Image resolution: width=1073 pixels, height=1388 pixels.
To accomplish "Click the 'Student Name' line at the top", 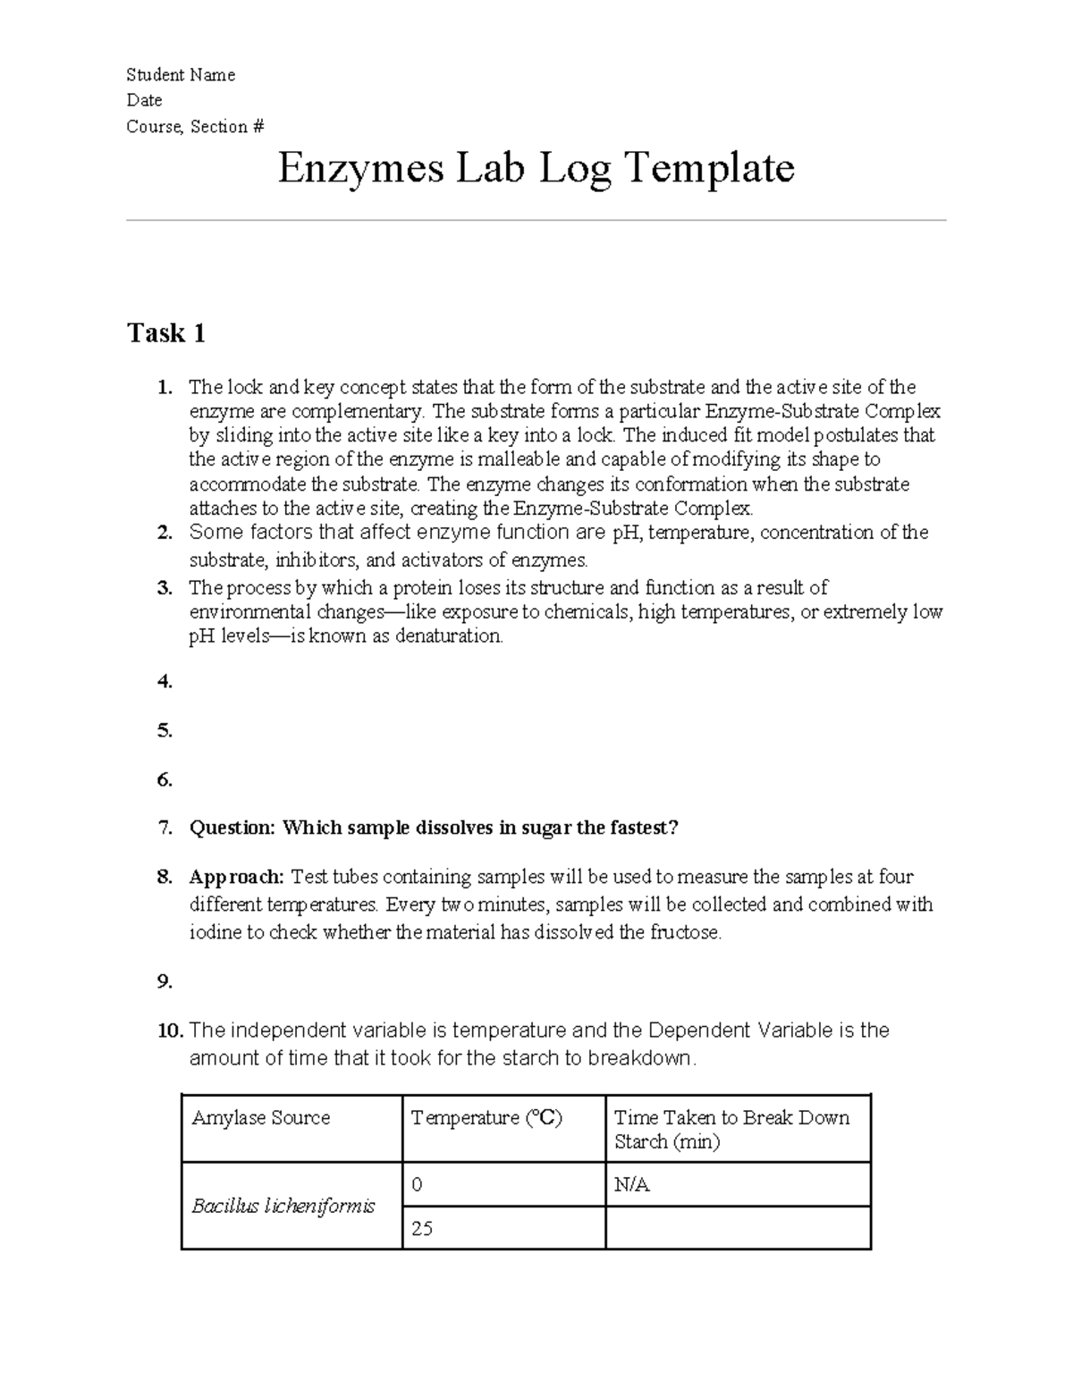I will tap(181, 75).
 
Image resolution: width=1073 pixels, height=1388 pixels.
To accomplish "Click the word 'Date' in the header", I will tap(144, 100).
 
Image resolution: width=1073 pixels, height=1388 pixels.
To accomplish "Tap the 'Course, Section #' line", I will tap(195, 126).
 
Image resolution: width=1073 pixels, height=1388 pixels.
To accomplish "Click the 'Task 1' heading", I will tap(166, 333).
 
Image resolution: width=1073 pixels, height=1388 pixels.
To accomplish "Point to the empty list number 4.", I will tap(165, 682).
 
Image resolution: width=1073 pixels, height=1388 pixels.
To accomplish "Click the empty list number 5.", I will tap(165, 730).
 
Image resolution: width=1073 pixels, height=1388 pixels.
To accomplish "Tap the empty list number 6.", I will tap(165, 779).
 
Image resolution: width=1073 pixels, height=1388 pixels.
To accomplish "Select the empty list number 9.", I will tap(165, 981).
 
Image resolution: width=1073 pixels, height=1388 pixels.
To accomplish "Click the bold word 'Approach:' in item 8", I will tap(237, 877).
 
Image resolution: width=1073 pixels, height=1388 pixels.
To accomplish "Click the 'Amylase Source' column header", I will tap(261, 1118).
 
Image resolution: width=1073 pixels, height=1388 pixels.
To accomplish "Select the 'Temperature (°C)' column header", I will tap(486, 1118).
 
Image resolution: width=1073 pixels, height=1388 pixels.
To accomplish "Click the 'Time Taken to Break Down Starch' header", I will tap(731, 1129).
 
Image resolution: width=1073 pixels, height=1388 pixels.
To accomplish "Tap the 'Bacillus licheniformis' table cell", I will tap(283, 1206).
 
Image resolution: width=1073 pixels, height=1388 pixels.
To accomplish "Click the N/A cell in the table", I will tap(631, 1185).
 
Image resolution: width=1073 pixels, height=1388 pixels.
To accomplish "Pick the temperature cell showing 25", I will tap(422, 1228).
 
